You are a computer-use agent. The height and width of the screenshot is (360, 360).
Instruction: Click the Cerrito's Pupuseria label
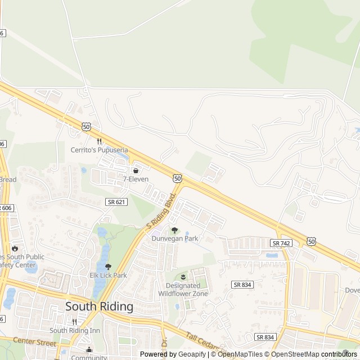99,150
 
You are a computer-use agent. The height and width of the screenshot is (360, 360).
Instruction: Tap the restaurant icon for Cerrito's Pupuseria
99,141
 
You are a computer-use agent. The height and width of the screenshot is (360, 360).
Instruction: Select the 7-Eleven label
136,179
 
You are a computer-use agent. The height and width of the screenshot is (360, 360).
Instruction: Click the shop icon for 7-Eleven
136,170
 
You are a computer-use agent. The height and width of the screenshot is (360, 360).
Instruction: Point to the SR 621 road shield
114,201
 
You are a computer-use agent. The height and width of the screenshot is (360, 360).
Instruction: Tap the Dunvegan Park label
175,238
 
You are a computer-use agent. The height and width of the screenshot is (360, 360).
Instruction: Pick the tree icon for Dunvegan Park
175,230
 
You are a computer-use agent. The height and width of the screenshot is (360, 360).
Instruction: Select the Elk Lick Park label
109,275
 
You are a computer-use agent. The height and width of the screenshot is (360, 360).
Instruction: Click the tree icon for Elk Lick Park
109,267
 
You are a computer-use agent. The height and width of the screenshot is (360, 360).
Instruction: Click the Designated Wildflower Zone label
183,290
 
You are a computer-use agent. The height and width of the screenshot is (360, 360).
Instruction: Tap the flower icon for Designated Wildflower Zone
183,276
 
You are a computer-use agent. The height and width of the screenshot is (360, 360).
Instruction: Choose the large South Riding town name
99,307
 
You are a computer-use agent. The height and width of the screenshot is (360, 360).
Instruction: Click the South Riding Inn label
74,330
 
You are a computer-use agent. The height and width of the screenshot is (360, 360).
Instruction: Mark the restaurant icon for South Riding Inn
74,322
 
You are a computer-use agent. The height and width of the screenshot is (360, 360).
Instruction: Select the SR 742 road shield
281,243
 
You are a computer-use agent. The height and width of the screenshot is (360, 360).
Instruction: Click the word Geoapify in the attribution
192,354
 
